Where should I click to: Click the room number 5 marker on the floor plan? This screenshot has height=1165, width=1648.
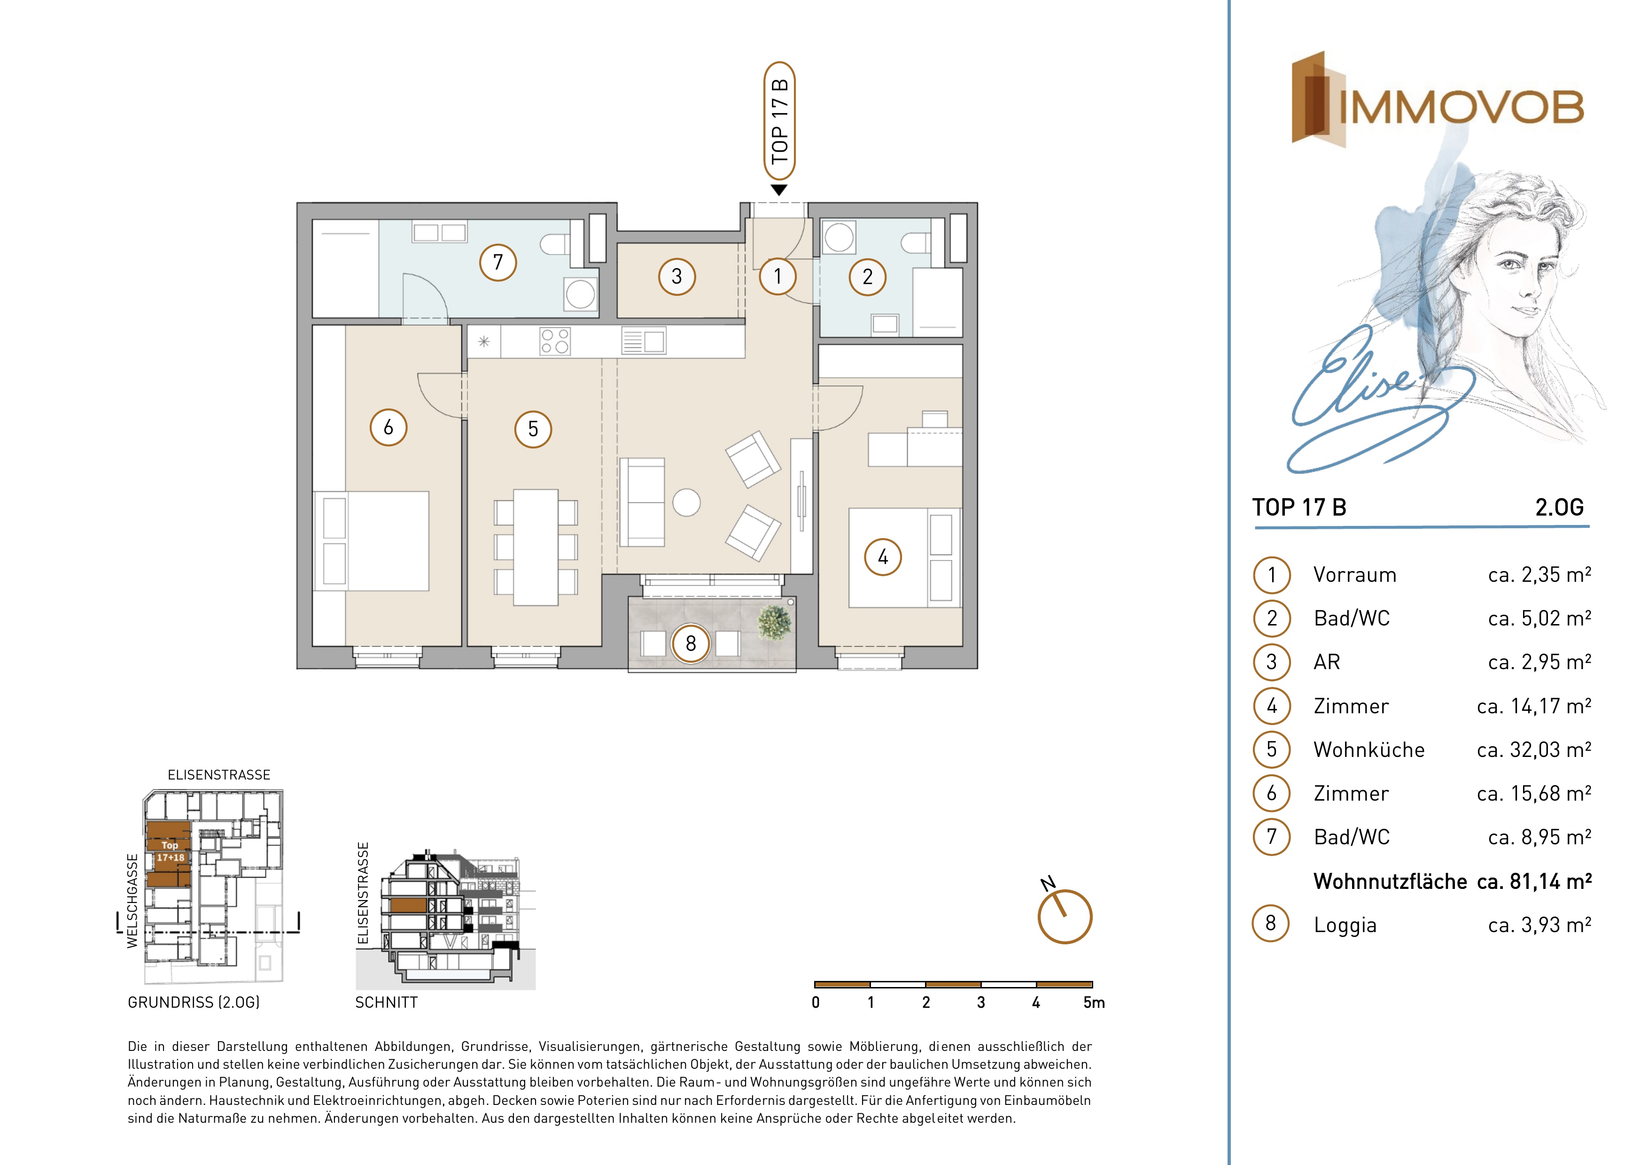(533, 429)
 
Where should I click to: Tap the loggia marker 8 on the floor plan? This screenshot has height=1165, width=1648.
(691, 643)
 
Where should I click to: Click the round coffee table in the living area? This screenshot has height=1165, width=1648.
(686, 502)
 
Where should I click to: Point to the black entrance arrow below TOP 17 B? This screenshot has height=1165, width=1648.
(779, 190)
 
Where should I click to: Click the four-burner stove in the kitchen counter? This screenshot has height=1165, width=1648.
(555, 341)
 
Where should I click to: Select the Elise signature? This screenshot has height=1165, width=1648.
(1378, 402)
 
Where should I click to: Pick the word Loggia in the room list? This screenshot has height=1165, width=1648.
(1345, 926)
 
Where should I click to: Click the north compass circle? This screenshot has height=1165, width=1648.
(1065, 917)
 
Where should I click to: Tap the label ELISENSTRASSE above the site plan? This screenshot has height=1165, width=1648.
(219, 775)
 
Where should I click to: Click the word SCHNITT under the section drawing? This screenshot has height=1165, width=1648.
(386, 1002)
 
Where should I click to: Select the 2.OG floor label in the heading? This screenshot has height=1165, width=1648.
(1559, 507)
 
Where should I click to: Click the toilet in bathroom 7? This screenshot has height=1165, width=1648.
(556, 244)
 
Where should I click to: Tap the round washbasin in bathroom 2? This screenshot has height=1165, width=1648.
(839, 237)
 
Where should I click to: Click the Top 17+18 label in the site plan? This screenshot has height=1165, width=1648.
(170, 851)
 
